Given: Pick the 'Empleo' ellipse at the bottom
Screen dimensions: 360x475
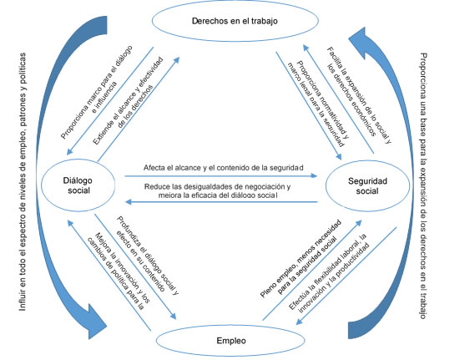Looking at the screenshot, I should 233,340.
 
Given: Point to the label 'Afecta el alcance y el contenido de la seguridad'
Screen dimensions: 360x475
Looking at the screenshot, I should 222,168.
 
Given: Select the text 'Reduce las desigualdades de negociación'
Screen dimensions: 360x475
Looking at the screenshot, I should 217,186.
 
